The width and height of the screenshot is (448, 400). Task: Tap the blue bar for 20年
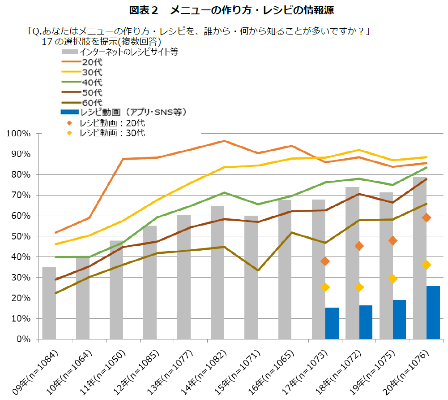tap(433, 312)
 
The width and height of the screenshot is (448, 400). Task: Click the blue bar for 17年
tap(332, 323)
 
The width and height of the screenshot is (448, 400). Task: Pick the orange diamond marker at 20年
tap(427, 217)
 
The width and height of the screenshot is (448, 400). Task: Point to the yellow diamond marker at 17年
tap(325, 287)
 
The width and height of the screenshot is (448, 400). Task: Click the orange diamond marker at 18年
tap(359, 246)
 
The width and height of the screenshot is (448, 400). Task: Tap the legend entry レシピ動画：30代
tap(112, 133)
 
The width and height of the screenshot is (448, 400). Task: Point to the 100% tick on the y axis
tap(18, 134)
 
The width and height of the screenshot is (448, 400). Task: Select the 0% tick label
tap(22, 339)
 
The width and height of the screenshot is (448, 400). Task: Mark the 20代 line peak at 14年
tap(224, 141)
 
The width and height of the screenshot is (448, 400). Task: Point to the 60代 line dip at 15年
tap(258, 270)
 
